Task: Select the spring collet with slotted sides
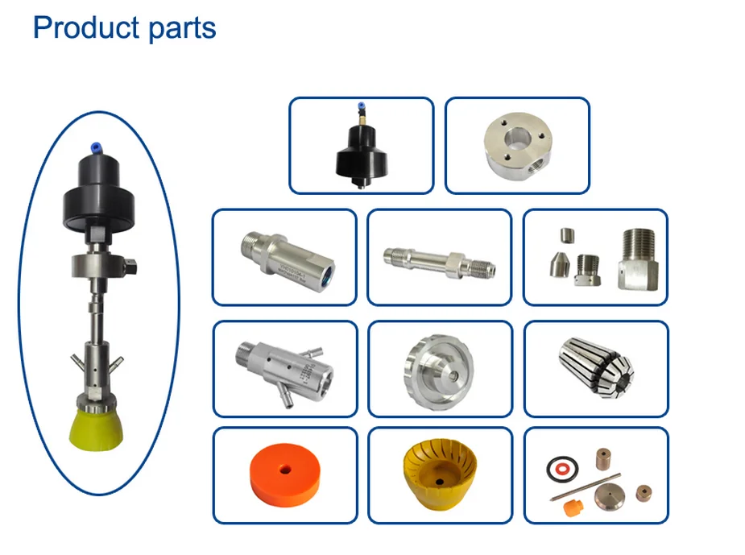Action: coord(596,367)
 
